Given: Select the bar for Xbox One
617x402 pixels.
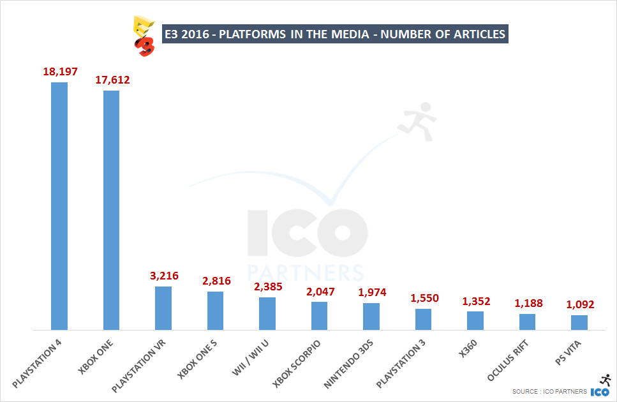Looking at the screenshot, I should [x=111, y=210].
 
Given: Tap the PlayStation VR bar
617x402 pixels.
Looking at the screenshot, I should [x=163, y=308].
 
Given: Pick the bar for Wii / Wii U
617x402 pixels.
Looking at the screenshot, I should [x=267, y=313].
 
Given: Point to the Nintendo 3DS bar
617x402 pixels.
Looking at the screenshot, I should [x=371, y=316].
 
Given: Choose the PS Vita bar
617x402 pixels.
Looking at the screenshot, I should [x=579, y=322].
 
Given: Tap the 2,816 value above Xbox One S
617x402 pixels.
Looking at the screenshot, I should [x=216, y=281].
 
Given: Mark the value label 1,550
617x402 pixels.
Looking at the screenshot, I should [x=424, y=298].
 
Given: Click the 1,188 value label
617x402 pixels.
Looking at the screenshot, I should [x=528, y=303].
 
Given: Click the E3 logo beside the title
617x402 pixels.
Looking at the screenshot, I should [x=143, y=36].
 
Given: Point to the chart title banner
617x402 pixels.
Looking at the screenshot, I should [x=334, y=34].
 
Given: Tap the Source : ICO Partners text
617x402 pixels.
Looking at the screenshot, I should [x=548, y=392].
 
